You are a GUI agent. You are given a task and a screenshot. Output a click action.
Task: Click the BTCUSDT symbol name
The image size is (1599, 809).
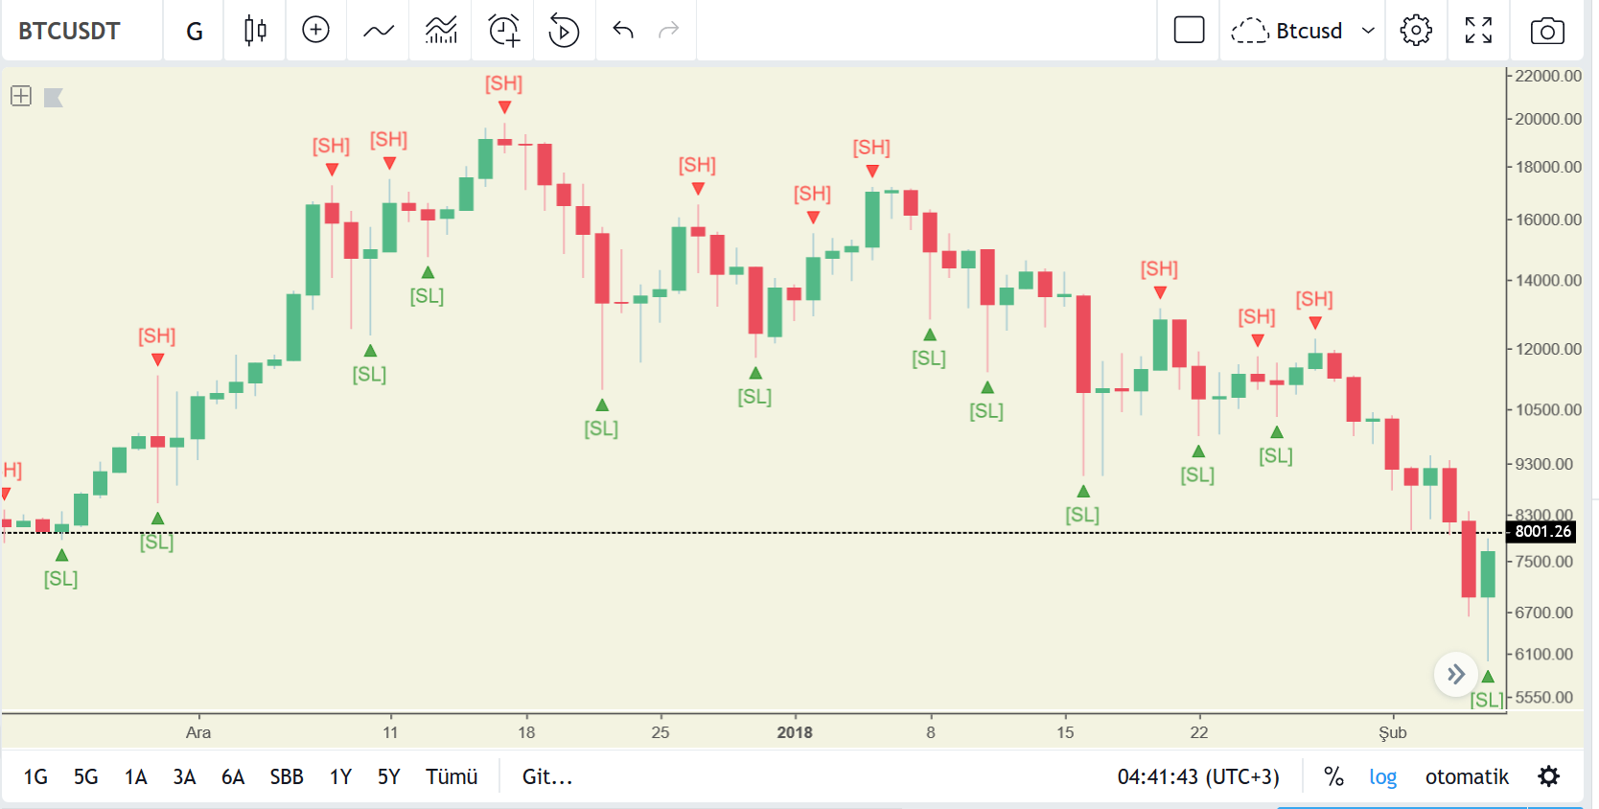tap(69, 31)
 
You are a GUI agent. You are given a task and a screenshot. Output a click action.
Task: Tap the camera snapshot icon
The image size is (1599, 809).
tap(1547, 31)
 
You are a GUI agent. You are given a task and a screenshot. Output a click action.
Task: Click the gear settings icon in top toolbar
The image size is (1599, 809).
tap(1416, 31)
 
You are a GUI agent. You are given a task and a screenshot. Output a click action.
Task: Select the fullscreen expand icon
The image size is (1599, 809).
tap(1478, 31)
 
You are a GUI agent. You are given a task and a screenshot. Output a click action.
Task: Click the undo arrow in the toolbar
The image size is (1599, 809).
tap(623, 30)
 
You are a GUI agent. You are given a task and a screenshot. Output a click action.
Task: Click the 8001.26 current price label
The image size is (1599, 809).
tap(1542, 531)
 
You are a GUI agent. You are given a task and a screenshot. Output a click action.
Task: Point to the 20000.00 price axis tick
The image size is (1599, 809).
tap(1547, 119)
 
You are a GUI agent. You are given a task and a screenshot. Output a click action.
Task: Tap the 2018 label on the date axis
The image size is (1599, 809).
tap(795, 732)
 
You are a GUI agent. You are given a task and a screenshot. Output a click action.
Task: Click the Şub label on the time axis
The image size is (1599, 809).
tap(1392, 732)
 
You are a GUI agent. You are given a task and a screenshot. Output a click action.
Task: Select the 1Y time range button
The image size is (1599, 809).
tap(340, 776)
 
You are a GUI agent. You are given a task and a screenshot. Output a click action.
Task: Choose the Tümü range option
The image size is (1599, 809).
tap(452, 776)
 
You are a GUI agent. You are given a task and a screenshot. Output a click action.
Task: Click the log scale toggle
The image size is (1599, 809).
tap(1382, 776)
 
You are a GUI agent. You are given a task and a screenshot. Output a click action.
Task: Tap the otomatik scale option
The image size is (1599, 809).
tap(1467, 776)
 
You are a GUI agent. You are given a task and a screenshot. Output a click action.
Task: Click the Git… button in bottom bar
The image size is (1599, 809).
tap(547, 776)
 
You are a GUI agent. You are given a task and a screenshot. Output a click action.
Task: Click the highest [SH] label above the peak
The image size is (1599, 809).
tap(504, 83)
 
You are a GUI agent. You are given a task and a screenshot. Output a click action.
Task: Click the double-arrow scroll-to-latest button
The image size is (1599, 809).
tap(1456, 673)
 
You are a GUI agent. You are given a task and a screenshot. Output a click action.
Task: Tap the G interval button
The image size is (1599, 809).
tap(195, 31)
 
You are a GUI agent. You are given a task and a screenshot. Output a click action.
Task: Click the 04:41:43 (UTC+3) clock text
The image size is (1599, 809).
tap(1198, 776)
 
